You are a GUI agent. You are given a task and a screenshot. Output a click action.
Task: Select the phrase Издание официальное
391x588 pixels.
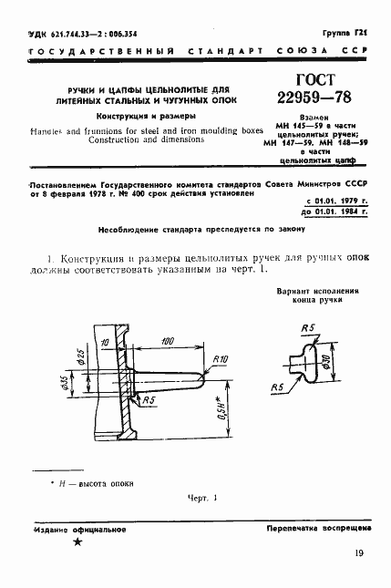click(76, 528)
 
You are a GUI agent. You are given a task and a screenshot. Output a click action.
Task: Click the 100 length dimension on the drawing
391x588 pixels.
click(167, 340)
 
